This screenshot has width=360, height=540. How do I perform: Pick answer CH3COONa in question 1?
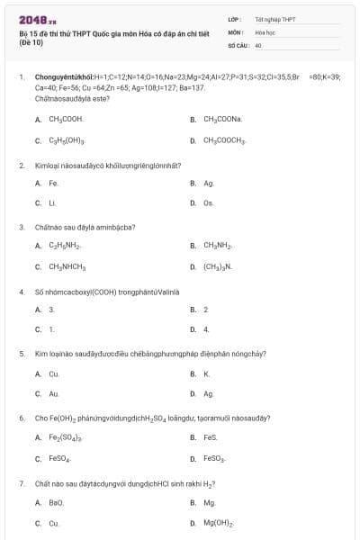point(222,119)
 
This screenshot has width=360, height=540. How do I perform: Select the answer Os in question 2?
point(209,203)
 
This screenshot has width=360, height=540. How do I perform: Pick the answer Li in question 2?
point(52,203)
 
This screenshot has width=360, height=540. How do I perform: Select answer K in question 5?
point(206,373)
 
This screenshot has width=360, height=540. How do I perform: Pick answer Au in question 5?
point(54,394)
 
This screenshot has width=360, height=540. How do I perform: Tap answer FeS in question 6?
point(211,437)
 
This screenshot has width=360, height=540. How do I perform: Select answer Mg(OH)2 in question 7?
point(219,523)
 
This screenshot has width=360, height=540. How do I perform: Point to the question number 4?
point(21,292)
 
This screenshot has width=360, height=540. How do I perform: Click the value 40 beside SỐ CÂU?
point(258,44)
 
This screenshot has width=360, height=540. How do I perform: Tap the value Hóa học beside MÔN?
point(264,31)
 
